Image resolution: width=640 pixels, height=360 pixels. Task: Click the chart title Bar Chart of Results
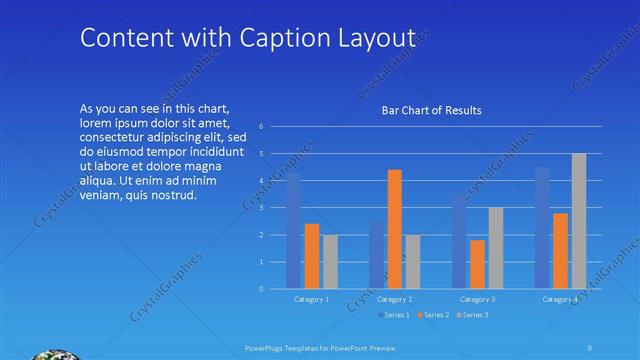pyautogui.click(x=432, y=110)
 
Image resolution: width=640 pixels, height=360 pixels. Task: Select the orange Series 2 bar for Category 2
pyautogui.click(x=394, y=229)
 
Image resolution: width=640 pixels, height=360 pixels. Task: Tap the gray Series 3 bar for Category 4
pyautogui.click(x=579, y=221)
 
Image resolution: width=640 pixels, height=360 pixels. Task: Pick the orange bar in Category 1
pyautogui.click(x=312, y=256)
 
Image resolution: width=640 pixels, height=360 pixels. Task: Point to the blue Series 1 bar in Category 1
pyautogui.click(x=293, y=231)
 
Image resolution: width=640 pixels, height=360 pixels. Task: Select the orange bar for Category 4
pyautogui.click(x=560, y=251)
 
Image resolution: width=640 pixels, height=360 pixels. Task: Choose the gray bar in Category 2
pyautogui.click(x=413, y=262)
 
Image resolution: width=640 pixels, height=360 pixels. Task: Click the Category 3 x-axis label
pyautogui.click(x=478, y=299)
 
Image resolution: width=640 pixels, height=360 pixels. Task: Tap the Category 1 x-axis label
pyautogui.click(x=312, y=299)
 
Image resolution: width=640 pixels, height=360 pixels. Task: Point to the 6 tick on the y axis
pyautogui.click(x=261, y=127)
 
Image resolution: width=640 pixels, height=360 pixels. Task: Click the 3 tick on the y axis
pyautogui.click(x=261, y=208)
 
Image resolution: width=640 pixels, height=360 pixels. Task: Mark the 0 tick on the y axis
pyautogui.click(x=261, y=289)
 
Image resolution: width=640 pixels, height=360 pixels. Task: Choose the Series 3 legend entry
pyautogui.click(x=472, y=315)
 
